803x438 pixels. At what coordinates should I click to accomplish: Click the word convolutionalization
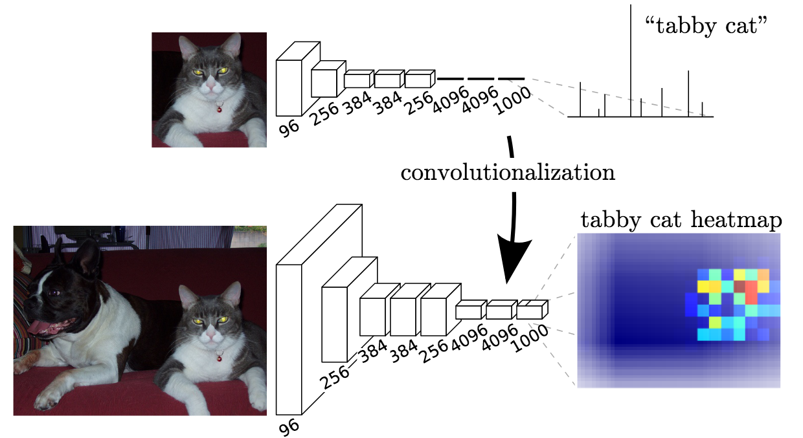pos(507,173)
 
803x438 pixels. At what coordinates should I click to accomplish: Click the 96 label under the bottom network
pos(289,426)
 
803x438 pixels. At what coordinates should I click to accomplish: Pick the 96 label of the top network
pos(289,127)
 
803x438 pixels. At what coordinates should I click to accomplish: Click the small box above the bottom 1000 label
pos(530,312)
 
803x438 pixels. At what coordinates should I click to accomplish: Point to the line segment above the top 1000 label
pos(511,79)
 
